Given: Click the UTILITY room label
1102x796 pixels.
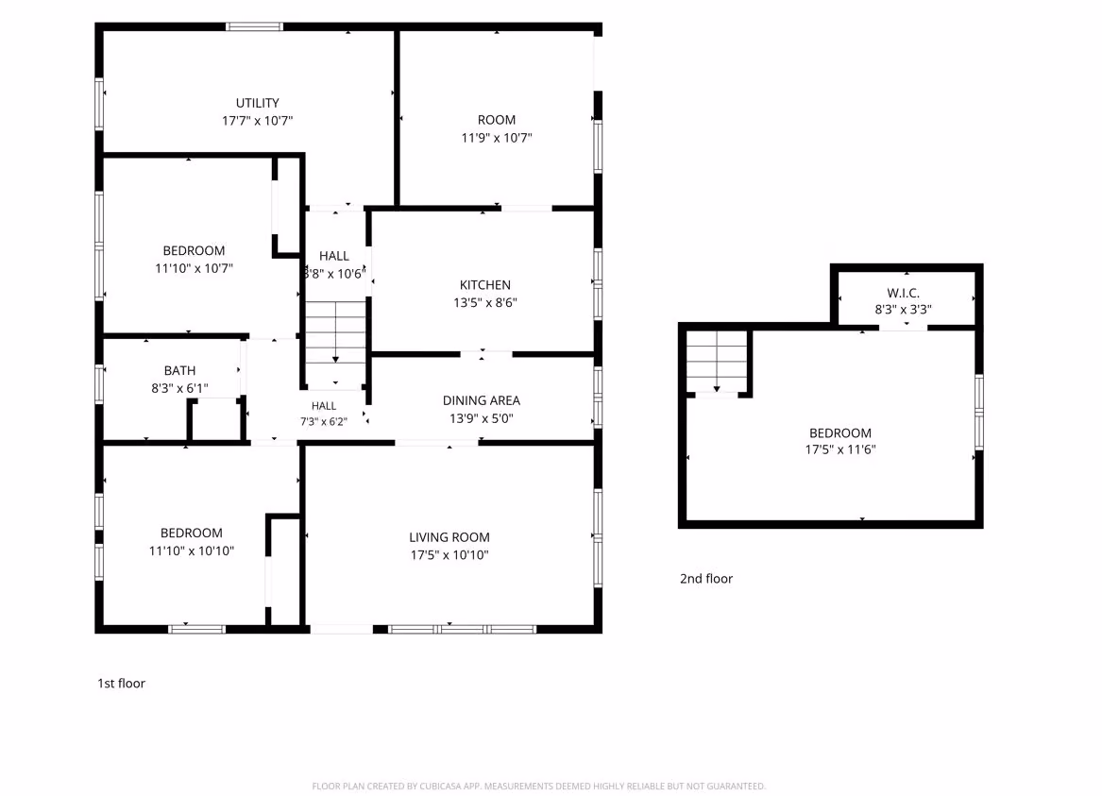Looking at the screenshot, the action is click(257, 103).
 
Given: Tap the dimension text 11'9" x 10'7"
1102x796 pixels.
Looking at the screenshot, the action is click(496, 138).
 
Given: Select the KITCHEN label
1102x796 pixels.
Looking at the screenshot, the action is click(485, 284).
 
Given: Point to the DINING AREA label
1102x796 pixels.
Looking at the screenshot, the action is click(482, 400).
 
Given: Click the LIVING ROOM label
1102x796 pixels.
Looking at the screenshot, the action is click(449, 537).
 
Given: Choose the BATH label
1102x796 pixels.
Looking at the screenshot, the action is click(180, 370).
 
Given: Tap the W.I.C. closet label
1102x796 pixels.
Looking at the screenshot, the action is click(903, 293).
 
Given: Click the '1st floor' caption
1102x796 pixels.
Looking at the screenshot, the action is click(122, 683).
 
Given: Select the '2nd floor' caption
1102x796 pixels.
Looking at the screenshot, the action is click(706, 578).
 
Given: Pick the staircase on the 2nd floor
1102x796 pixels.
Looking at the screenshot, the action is click(716, 361).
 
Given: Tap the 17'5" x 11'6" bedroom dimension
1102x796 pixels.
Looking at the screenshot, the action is click(840, 449).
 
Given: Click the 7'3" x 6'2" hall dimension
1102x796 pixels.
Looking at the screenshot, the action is click(324, 421).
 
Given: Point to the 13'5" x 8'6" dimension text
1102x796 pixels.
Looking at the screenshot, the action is click(485, 302).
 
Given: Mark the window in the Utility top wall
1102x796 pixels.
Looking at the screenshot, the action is click(254, 26).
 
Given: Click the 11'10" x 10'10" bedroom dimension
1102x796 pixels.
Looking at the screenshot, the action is click(191, 550).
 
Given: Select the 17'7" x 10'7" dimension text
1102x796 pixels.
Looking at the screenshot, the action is click(257, 120).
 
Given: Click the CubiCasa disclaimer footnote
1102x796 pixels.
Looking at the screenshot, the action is click(539, 787).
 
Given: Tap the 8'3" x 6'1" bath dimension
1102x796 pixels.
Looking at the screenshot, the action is click(180, 388).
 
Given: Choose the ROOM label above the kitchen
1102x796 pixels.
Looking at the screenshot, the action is click(496, 120).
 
